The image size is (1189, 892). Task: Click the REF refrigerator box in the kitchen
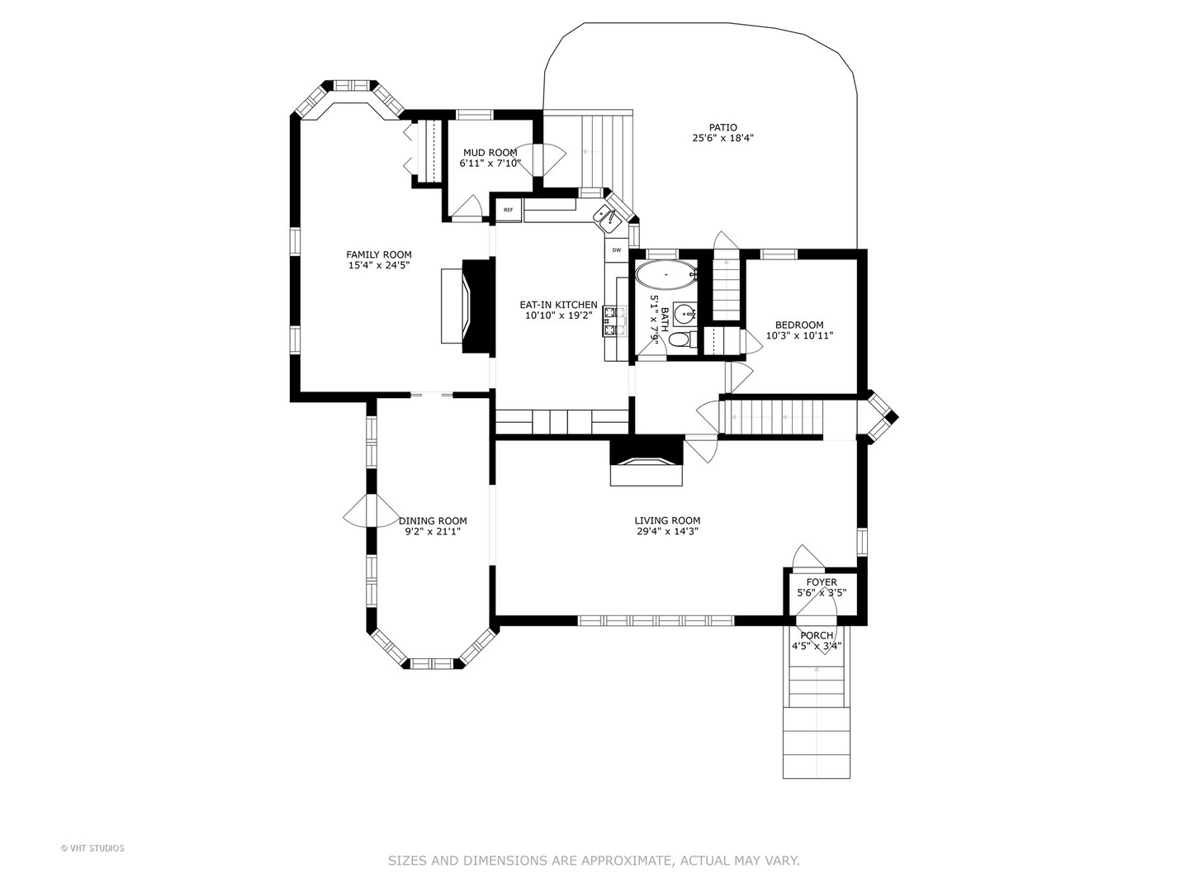pyautogui.click(x=508, y=210)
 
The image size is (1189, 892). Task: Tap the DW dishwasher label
pyautogui.click(x=617, y=250)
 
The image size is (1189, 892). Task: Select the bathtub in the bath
pyautogui.click(x=666, y=275)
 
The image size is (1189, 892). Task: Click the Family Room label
pyautogui.click(x=379, y=254)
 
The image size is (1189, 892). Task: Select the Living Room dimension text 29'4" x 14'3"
pyautogui.click(x=667, y=531)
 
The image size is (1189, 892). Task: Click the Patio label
pyautogui.click(x=723, y=127)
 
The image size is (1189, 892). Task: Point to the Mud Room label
pyautogui.click(x=490, y=153)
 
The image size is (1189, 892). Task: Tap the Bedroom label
pyautogui.click(x=799, y=325)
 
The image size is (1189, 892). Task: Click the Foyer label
pyautogui.click(x=822, y=582)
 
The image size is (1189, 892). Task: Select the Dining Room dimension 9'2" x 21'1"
pyautogui.click(x=433, y=532)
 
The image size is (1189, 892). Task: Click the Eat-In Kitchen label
pyautogui.click(x=558, y=305)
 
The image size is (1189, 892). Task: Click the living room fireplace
pyautogui.click(x=647, y=462)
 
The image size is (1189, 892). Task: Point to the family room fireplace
pyautogui.click(x=468, y=306)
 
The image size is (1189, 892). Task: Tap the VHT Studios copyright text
pyautogui.click(x=92, y=848)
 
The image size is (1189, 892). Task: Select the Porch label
pyautogui.click(x=817, y=635)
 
